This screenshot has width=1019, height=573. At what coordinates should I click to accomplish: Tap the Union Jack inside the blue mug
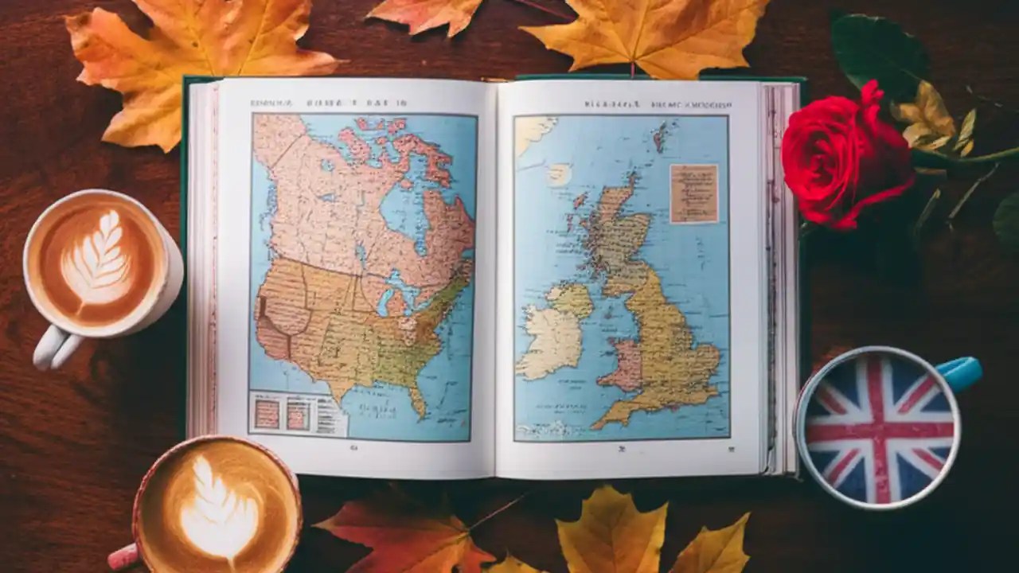879,430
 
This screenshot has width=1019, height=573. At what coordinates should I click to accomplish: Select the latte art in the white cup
96,258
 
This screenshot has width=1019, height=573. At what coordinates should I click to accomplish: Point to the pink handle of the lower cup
123,555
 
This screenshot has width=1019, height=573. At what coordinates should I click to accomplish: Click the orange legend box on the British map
693,193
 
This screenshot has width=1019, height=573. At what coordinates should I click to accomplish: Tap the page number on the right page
622,448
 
